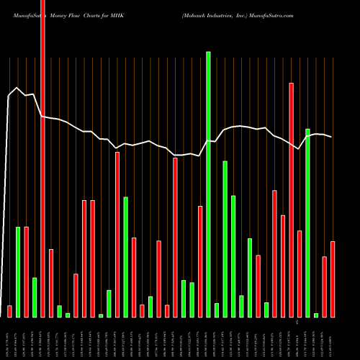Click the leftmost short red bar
point(9,311)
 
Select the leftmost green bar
point(18,271)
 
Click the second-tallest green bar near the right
point(307,222)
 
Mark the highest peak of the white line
point(16,88)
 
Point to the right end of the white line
point(331,137)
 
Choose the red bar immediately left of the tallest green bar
point(200,261)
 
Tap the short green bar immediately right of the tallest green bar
point(217,310)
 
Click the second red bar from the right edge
point(324,287)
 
